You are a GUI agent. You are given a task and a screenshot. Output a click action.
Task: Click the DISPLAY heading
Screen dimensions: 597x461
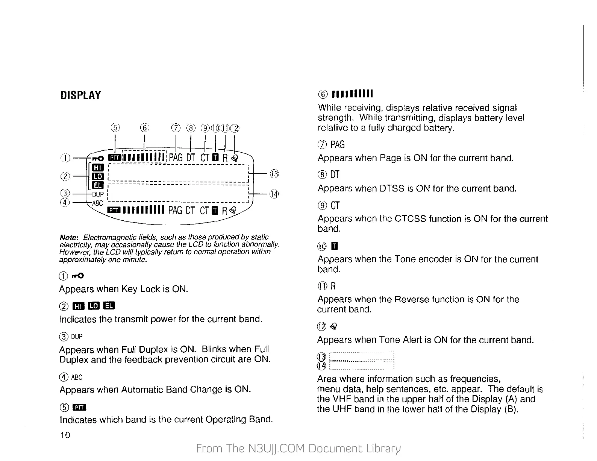click(80, 95)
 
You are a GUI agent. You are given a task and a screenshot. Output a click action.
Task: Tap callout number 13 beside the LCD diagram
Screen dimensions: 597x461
click(274, 174)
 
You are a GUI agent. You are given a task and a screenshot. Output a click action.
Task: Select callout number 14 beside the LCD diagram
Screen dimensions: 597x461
click(274, 194)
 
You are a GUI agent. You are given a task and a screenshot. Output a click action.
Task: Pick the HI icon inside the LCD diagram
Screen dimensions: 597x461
click(97, 167)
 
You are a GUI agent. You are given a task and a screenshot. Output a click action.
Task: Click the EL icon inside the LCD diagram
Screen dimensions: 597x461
click(97, 185)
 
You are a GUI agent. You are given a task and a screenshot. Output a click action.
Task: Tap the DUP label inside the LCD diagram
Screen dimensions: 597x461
click(98, 194)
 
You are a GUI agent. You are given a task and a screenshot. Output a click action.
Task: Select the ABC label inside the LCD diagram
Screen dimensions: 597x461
click(97, 203)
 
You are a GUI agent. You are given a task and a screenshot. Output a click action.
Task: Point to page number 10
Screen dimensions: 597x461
click(65, 435)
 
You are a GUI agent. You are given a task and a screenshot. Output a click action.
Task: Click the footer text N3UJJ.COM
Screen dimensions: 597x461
click(277, 448)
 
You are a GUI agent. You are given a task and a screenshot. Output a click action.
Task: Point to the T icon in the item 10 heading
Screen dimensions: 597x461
click(334, 247)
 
